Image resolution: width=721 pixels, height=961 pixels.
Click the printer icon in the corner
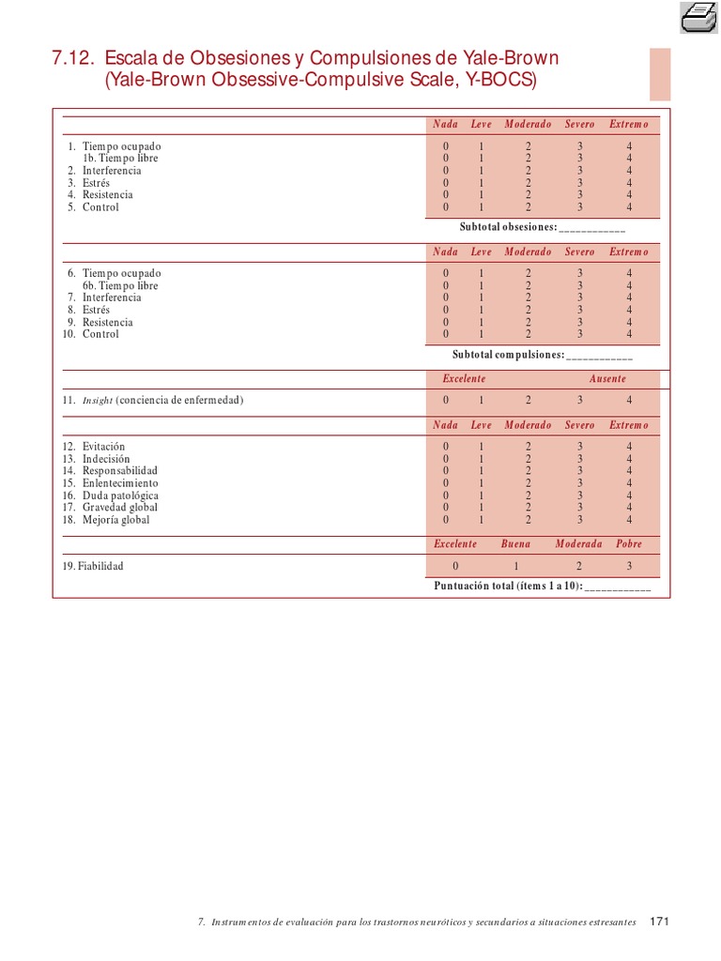click(698, 16)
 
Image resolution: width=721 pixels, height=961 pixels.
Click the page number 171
click(660, 922)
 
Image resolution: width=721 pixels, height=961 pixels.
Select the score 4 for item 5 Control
click(629, 207)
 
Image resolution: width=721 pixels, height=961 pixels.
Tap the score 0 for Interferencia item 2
click(446, 171)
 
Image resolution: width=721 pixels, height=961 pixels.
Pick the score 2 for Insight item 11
click(528, 400)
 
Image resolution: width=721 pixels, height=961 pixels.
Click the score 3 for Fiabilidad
click(629, 566)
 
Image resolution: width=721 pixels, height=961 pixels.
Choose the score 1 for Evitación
click(482, 447)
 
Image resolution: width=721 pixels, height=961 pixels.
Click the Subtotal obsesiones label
click(508, 228)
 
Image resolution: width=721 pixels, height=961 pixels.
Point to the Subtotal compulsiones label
click(508, 355)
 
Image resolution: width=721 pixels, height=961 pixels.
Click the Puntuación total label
click(508, 586)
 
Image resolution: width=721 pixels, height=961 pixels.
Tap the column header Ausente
click(607, 379)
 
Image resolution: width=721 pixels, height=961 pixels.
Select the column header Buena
click(515, 544)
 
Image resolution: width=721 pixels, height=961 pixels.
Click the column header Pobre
click(629, 544)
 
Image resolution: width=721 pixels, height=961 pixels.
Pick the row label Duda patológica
click(120, 496)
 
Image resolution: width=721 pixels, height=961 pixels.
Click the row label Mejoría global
click(115, 520)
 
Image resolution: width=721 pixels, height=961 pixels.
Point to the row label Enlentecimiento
click(120, 483)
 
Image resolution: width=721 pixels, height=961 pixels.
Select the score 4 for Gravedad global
click(629, 508)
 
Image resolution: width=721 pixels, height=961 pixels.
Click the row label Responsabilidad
click(120, 471)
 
